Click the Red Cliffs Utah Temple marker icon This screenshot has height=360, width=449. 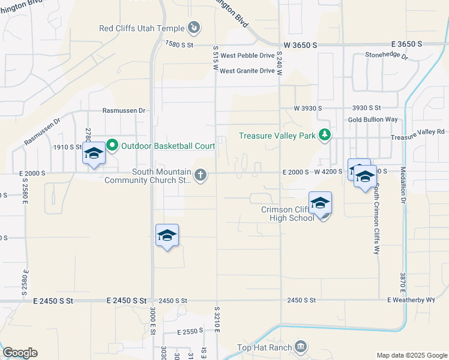(x=193, y=28)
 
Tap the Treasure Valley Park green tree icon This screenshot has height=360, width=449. (x=324, y=135)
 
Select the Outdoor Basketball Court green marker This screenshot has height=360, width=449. (x=112, y=145)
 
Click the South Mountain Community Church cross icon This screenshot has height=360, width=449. (x=200, y=175)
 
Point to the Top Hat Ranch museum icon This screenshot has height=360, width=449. (x=301, y=347)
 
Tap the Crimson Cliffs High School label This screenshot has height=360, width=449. (x=288, y=214)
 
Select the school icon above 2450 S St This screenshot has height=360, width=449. (x=167, y=235)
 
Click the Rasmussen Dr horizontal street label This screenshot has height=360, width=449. (x=124, y=110)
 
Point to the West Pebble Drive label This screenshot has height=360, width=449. (x=247, y=56)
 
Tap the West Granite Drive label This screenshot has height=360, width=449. (x=247, y=71)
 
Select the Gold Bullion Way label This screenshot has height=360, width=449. (x=373, y=119)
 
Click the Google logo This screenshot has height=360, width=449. (x=20, y=353)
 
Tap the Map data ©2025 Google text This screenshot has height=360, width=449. (x=411, y=355)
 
